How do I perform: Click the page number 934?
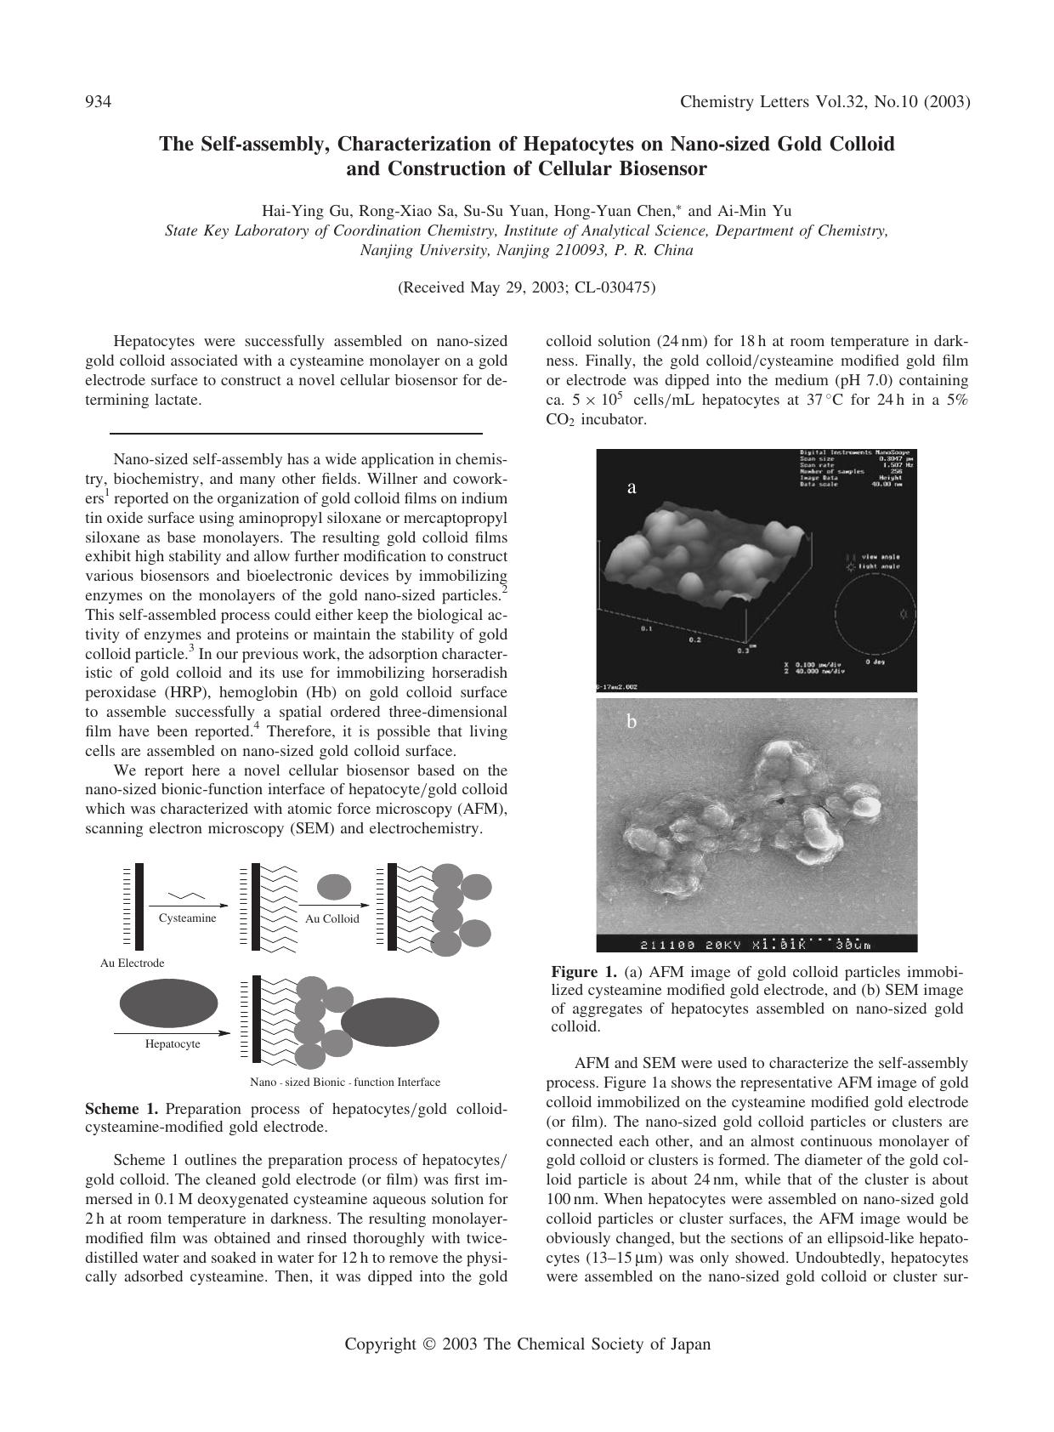99,102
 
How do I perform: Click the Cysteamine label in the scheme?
187,918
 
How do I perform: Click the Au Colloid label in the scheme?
332,918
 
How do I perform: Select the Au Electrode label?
132,963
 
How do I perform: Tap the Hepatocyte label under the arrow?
173,1043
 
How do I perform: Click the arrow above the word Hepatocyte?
173,1033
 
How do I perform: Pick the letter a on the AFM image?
631,487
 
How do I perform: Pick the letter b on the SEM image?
632,722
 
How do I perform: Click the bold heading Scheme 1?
122,1109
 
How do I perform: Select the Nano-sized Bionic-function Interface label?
345,1083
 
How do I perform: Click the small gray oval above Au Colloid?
334,886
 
